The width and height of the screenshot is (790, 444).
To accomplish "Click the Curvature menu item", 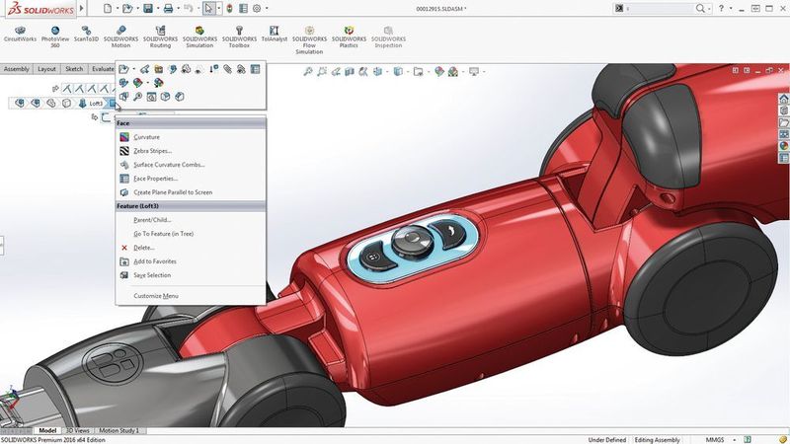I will pyautogui.click(x=146, y=137).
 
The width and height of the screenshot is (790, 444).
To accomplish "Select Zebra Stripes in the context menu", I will pyautogui.click(x=152, y=151).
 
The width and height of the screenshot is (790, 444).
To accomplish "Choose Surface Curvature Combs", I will pyautogui.click(x=168, y=165).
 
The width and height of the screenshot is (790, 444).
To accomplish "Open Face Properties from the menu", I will pyautogui.click(x=155, y=179).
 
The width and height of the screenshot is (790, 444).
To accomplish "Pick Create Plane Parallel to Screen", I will pyautogui.click(x=172, y=192).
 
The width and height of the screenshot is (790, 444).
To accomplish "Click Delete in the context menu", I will pyautogui.click(x=143, y=248).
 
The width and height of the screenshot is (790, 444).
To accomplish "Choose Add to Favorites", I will pyautogui.click(x=154, y=261).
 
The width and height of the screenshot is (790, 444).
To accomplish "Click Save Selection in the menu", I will pyautogui.click(x=152, y=275).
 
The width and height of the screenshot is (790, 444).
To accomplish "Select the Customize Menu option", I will pyautogui.click(x=156, y=296).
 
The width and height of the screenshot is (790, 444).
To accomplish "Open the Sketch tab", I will pyautogui.click(x=74, y=69).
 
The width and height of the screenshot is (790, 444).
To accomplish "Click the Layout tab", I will pyautogui.click(x=46, y=69).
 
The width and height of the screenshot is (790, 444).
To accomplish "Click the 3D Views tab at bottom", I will pyautogui.click(x=77, y=431).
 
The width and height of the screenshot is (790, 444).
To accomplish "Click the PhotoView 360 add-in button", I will pyautogui.click(x=55, y=38).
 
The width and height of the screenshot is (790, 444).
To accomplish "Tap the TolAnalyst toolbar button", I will pyautogui.click(x=274, y=37).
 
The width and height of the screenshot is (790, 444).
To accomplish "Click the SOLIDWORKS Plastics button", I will pyautogui.click(x=349, y=38).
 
